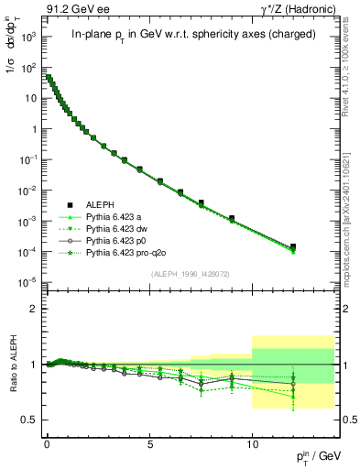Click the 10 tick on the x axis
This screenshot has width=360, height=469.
coord(252,442)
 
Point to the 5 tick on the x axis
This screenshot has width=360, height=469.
coord(149,442)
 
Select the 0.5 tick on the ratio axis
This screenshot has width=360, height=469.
coord(30,420)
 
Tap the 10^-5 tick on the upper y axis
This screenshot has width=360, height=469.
coord(29,281)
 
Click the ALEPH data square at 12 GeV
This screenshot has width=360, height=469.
coord(293,246)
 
